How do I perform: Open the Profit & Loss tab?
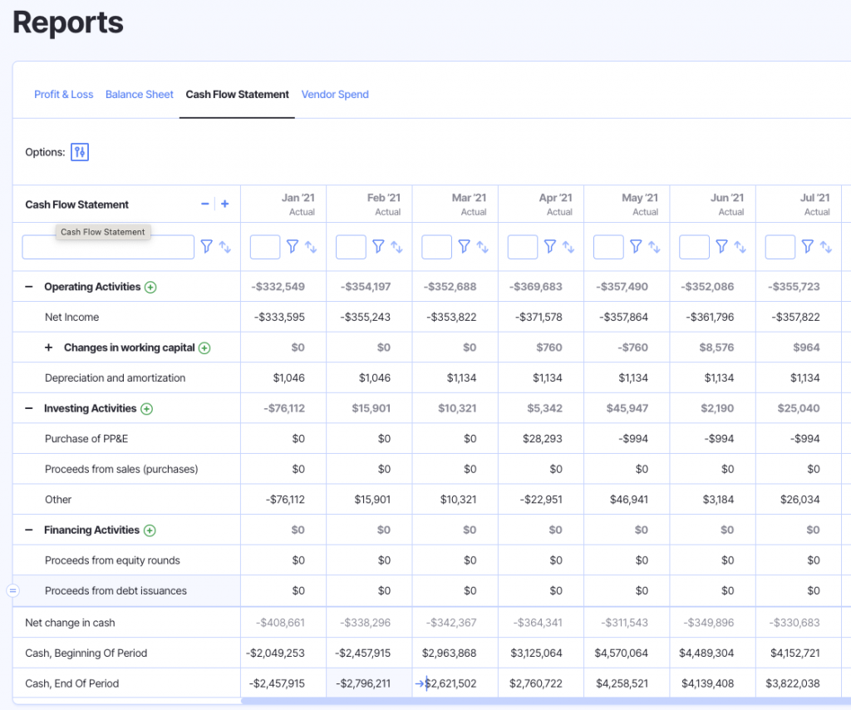click(x=63, y=95)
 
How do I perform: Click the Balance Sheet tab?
click(x=140, y=95)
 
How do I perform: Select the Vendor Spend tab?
click(x=335, y=95)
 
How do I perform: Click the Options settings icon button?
click(x=80, y=152)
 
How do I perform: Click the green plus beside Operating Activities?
click(x=150, y=288)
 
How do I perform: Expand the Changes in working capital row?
click(x=48, y=348)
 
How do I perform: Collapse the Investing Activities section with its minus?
click(x=28, y=408)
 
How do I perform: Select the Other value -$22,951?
click(x=540, y=500)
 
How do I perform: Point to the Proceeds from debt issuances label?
click(x=116, y=591)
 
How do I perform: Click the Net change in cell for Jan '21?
click(x=280, y=623)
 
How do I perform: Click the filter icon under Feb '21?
click(x=378, y=247)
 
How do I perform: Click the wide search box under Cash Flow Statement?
click(x=108, y=247)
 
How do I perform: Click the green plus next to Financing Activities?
click(x=150, y=530)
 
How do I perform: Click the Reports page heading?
click(x=68, y=22)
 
